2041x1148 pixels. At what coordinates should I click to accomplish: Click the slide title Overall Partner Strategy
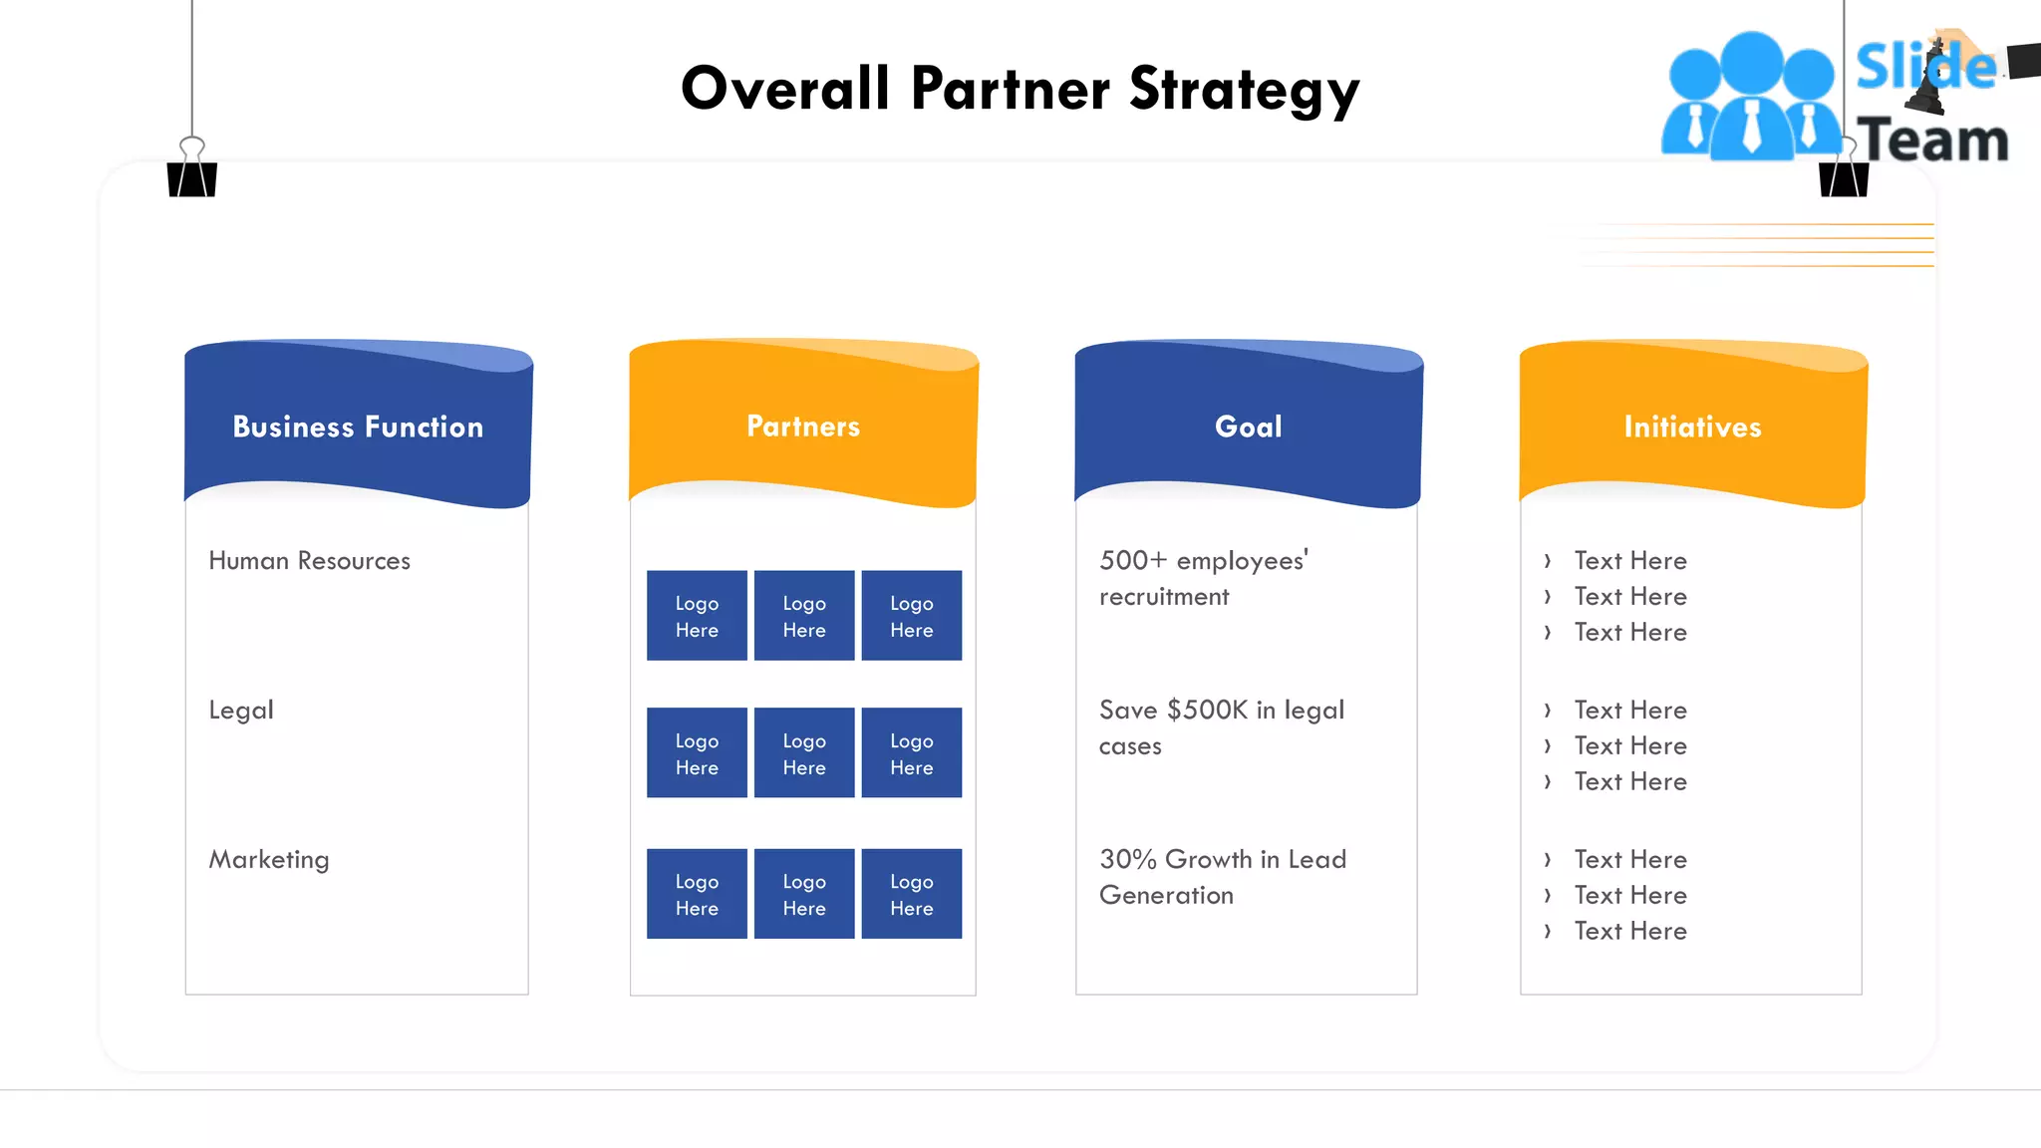click(1020, 89)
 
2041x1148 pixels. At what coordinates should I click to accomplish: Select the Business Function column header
click(358, 427)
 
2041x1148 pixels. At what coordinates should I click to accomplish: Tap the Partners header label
click(803, 427)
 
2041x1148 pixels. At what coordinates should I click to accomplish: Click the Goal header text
click(1248, 427)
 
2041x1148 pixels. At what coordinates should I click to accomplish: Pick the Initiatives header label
click(1692, 427)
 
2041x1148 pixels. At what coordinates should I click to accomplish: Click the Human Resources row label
click(309, 561)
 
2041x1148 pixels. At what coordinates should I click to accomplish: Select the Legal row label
click(241, 711)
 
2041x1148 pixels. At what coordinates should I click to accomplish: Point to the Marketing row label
click(269, 860)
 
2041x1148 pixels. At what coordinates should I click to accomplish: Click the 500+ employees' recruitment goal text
click(1203, 578)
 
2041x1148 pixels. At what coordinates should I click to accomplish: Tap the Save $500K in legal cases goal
click(1221, 727)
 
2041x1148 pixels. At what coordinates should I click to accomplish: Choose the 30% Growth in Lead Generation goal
click(1222, 877)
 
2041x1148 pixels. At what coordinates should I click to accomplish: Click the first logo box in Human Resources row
click(697, 616)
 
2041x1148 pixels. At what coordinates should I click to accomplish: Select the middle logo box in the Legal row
click(804, 753)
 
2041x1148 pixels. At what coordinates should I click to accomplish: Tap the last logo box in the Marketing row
click(912, 894)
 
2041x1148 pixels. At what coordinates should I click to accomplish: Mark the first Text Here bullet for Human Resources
click(1629, 561)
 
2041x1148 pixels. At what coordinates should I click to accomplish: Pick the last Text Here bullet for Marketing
click(1629, 932)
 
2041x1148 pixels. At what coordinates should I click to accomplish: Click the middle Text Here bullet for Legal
click(1629, 746)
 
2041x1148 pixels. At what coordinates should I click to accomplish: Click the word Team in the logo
click(1931, 140)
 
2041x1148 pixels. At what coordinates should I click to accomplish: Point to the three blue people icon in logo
click(1751, 98)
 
